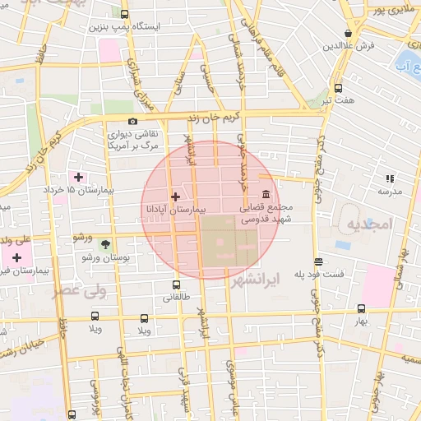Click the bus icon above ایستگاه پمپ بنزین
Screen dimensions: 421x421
tap(124, 14)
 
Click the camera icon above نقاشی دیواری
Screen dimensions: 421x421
tap(132, 121)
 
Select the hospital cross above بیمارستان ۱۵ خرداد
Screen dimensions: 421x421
tap(79, 177)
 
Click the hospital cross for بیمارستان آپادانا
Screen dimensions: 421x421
tap(174, 197)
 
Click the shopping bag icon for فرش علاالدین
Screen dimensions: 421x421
tap(349, 34)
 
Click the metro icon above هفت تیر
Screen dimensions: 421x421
tap(338, 88)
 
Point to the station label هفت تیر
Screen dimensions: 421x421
tap(338, 100)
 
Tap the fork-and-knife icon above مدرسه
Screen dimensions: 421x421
tap(390, 178)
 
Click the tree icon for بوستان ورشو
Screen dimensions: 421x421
tap(104, 244)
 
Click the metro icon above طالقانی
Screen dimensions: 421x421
tap(173, 285)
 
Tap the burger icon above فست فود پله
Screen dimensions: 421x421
tap(318, 261)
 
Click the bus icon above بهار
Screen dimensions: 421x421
tap(361, 309)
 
